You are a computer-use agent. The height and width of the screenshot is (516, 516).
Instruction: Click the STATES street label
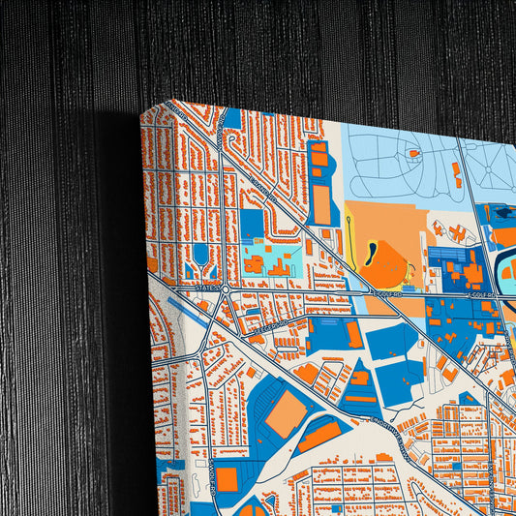[x=202, y=287]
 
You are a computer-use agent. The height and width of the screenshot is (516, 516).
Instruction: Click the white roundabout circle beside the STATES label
[x=224, y=288]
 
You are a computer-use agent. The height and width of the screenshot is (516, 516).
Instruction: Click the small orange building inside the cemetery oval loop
[x=413, y=153]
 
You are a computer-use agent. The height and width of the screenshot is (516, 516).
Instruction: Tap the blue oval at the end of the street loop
[x=200, y=255]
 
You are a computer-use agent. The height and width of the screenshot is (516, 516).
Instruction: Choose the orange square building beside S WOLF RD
[x=227, y=476]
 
